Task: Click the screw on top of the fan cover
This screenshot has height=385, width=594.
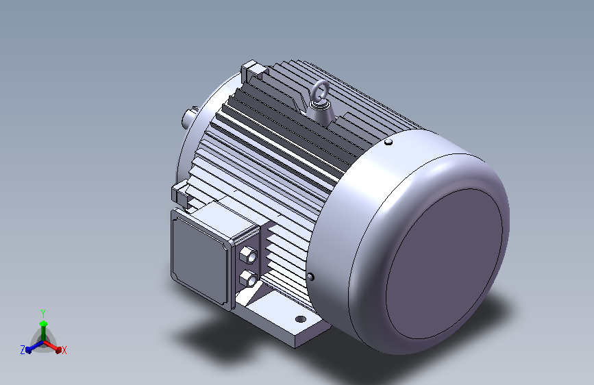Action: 388,142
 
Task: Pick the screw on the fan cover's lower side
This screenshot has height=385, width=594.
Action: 310,277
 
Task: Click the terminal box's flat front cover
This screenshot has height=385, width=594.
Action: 201,259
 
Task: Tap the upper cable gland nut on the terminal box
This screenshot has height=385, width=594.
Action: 248,254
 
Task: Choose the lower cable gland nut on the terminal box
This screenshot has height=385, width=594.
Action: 248,279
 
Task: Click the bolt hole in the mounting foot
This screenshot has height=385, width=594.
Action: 300,319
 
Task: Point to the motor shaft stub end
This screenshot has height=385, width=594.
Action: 188,116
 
